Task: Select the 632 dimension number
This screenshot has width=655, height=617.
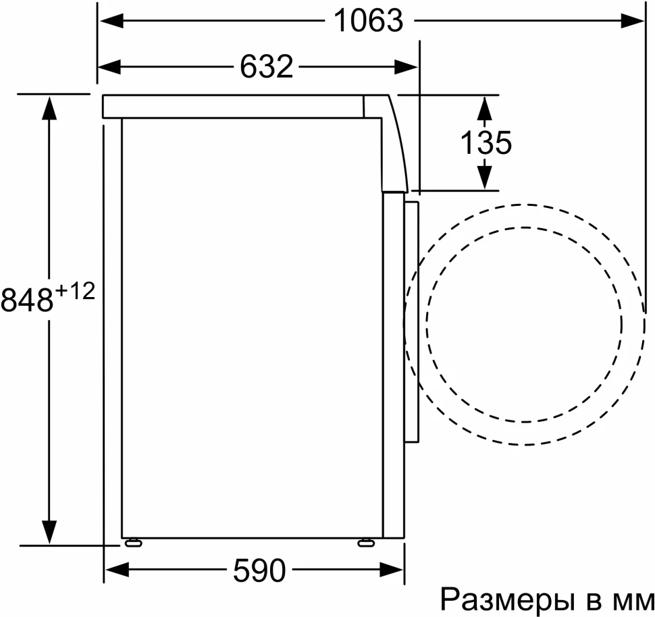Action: [266, 66]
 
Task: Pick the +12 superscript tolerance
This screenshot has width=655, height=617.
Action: [75, 291]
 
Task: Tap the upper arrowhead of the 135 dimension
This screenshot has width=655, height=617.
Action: [484, 107]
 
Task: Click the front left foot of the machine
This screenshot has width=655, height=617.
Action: [132, 541]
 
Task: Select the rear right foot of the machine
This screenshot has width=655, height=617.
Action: [367, 541]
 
